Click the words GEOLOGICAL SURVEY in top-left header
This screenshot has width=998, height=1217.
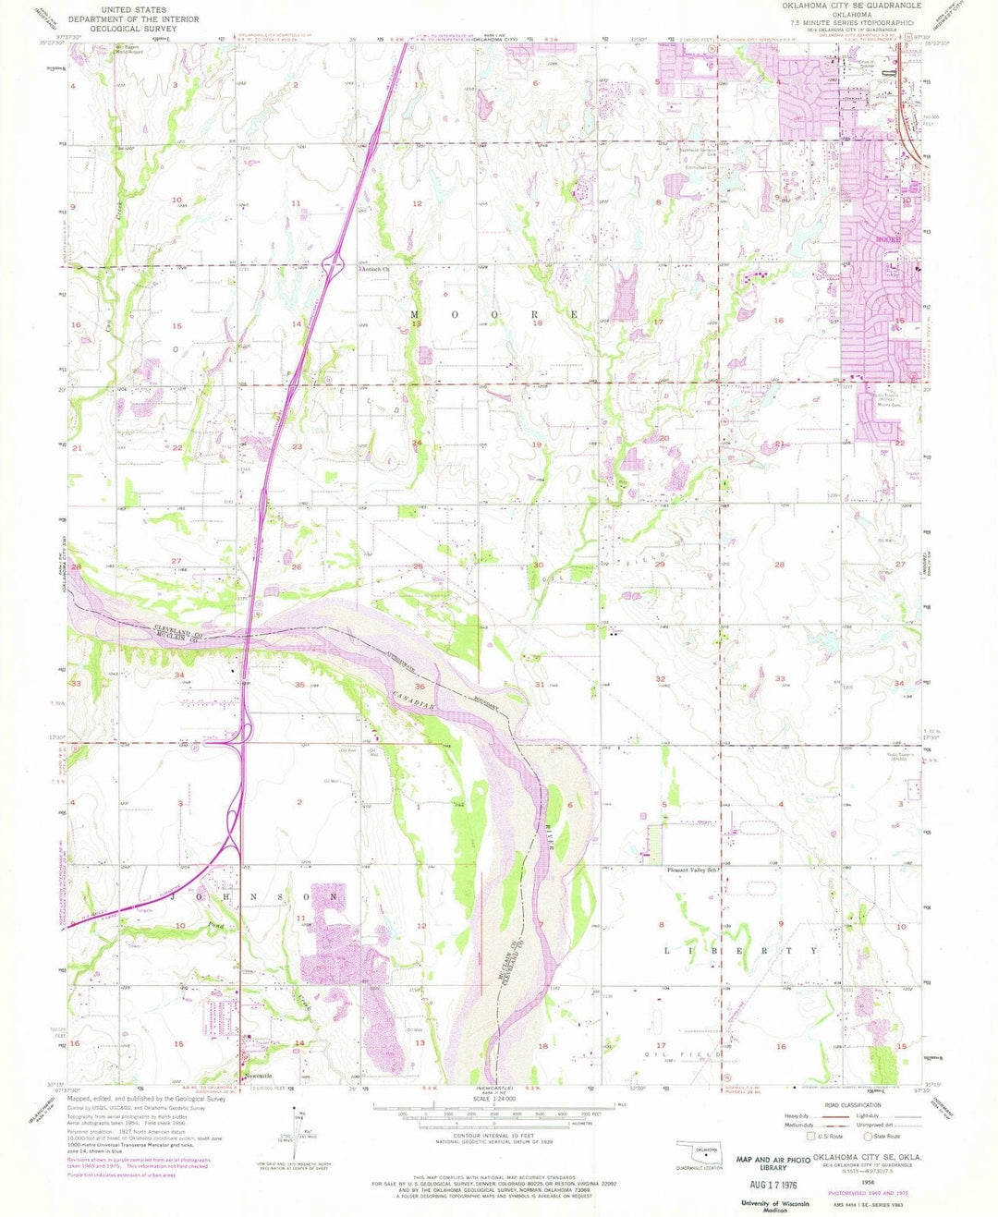click(135, 29)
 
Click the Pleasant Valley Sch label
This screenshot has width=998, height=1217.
click(692, 870)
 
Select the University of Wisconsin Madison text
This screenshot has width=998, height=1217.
click(773, 1206)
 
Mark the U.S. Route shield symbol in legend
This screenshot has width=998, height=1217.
click(811, 1137)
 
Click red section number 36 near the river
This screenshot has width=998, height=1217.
click(420, 686)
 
